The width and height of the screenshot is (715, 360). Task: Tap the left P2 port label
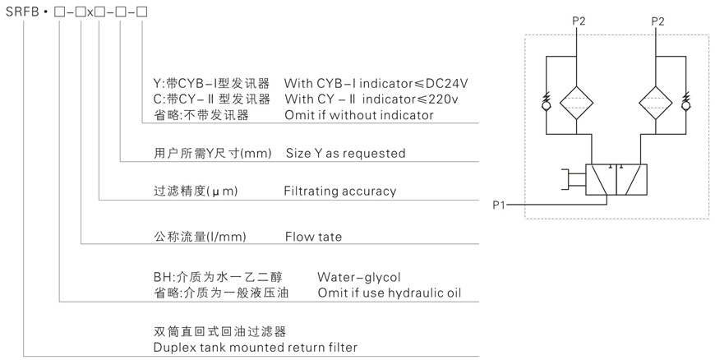coord(579,19)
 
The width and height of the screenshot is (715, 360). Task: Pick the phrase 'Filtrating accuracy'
coord(339,192)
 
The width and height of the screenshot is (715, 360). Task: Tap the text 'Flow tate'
coord(313,238)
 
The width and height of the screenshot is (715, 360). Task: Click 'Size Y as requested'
coord(344,153)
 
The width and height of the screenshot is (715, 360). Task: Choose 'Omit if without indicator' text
coord(358,116)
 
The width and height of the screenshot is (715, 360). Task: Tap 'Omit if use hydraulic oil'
coord(390,293)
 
